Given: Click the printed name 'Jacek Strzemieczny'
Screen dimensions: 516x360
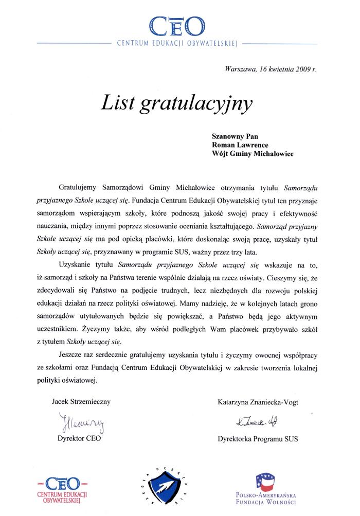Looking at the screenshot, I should [x=81, y=401].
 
